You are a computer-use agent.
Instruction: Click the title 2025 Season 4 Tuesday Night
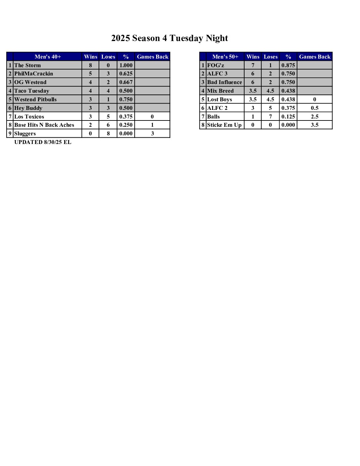tap(169, 38)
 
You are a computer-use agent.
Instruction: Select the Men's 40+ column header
tap(48, 57)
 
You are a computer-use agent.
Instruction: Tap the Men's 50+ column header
tap(225, 57)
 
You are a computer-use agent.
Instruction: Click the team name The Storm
tap(27, 65)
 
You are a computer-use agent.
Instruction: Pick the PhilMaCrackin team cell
tap(33, 73)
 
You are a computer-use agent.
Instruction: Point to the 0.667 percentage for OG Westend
tap(126, 82)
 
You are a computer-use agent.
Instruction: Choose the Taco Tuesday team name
tap(32, 91)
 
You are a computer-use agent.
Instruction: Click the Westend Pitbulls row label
tap(35, 99)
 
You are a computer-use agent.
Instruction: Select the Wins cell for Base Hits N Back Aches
tap(90, 125)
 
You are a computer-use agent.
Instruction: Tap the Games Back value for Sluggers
tap(152, 133)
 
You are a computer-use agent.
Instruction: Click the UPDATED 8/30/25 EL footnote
tap(43, 142)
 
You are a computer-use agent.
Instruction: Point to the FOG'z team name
tap(215, 65)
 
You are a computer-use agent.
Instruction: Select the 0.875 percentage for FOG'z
tap(288, 65)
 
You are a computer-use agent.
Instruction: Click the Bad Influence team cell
tap(224, 82)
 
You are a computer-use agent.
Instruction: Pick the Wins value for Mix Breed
tap(253, 91)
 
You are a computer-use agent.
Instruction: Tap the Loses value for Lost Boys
tap(270, 99)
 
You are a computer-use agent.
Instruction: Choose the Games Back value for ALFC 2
tap(315, 108)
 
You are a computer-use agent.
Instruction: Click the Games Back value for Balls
tap(315, 117)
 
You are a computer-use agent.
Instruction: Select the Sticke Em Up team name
tap(224, 125)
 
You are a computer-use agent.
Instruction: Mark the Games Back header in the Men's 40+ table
tap(153, 57)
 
